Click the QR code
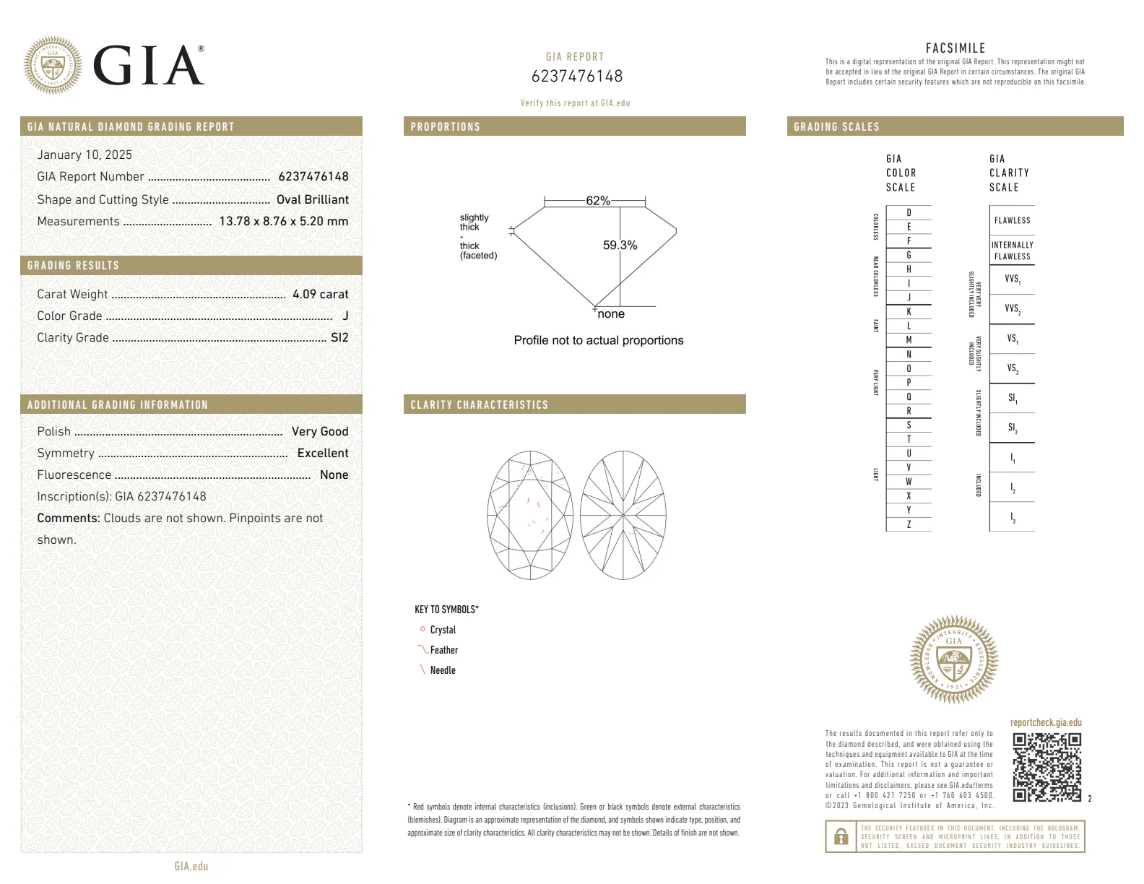pyautogui.click(x=1046, y=767)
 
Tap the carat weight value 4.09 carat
pyautogui.click(x=320, y=294)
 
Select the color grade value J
pyautogui.click(x=345, y=316)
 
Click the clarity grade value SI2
pyautogui.click(x=339, y=337)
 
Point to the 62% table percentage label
pyautogui.click(x=597, y=201)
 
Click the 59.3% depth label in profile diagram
pyautogui.click(x=620, y=246)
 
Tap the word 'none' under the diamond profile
pyautogui.click(x=611, y=314)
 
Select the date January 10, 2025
pyautogui.click(x=84, y=155)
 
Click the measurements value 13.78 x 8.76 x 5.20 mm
pyautogui.click(x=284, y=221)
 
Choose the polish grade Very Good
pyautogui.click(x=320, y=431)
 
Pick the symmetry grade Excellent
pyautogui.click(x=323, y=453)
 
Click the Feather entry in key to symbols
pyautogui.click(x=443, y=650)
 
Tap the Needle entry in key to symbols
pyautogui.click(x=442, y=670)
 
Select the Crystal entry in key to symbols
pyautogui.click(x=442, y=630)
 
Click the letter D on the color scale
pyautogui.click(x=909, y=212)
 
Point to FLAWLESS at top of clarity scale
pyautogui.click(x=1012, y=220)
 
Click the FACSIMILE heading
pyautogui.click(x=955, y=48)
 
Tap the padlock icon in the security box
pyautogui.click(x=841, y=836)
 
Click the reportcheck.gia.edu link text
pyautogui.click(x=1045, y=722)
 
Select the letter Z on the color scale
pyautogui.click(x=909, y=524)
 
